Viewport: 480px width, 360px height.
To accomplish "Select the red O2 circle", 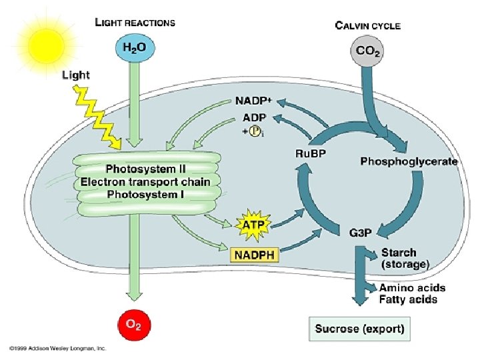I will (133, 325).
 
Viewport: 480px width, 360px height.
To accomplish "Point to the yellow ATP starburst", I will (253, 225).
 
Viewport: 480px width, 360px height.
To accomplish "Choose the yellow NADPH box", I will (254, 254).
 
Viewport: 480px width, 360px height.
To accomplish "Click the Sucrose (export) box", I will (359, 329).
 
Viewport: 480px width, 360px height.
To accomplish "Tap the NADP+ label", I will (253, 101).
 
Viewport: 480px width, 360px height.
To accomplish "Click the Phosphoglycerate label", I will (409, 161).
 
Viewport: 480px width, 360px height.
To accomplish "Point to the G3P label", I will (360, 233).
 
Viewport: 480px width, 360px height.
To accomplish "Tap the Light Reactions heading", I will (135, 22).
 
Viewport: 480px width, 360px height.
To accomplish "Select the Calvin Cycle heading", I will (367, 26).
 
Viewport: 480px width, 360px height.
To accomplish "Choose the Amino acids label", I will (412, 288).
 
